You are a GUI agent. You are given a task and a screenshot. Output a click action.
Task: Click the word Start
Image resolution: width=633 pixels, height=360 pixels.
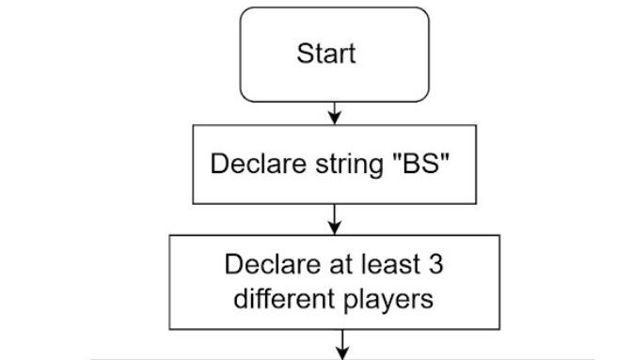point(326,54)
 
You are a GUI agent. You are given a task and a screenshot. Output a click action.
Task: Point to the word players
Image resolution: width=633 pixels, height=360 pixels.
point(385,302)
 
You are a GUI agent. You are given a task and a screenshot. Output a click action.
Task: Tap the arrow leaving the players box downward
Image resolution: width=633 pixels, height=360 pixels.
point(341,340)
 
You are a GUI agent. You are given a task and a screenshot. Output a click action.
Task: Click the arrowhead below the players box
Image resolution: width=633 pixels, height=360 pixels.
point(341,352)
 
